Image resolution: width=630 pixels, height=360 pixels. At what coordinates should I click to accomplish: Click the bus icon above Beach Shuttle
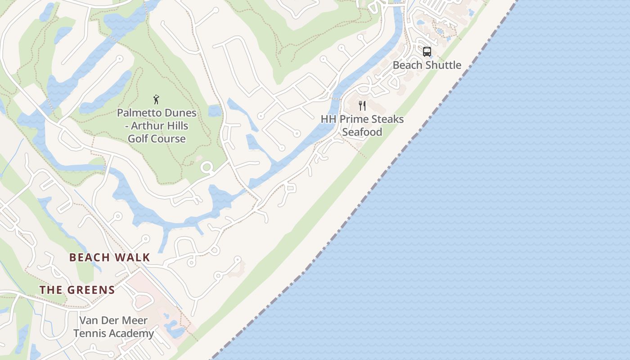(x=427, y=52)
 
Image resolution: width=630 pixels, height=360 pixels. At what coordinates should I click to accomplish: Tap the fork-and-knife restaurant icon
(x=362, y=106)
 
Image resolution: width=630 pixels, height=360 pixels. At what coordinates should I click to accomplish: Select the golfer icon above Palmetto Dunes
(x=156, y=99)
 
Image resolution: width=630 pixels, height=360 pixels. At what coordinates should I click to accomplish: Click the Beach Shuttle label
(x=427, y=65)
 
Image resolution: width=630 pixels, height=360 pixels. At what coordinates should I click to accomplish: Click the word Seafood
(x=362, y=132)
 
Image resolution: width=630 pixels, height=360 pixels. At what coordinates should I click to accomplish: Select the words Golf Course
(x=157, y=139)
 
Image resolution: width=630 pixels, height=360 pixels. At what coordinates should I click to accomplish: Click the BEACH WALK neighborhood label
(x=109, y=257)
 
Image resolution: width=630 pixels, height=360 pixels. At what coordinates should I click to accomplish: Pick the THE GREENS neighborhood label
(x=77, y=290)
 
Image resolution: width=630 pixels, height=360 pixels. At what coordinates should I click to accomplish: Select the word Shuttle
(x=443, y=65)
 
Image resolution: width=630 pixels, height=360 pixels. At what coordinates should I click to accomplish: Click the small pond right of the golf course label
(x=215, y=111)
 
